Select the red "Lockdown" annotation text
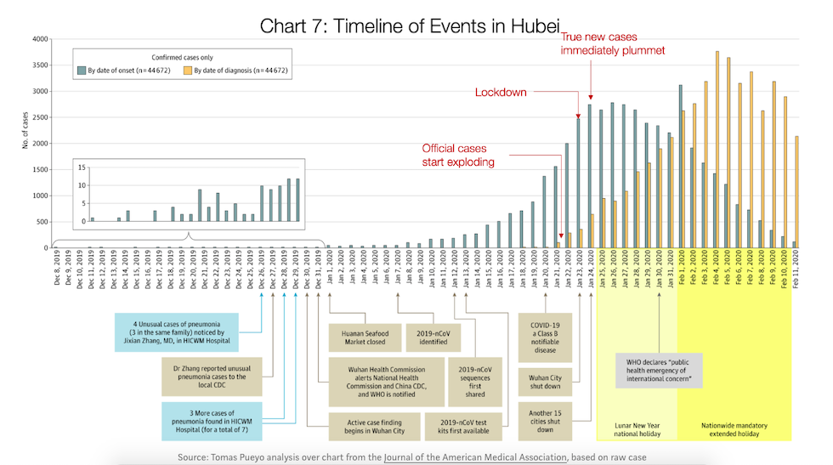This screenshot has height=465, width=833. [501, 92]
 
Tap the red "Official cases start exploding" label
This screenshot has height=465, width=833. [459, 155]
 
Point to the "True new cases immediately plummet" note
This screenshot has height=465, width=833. [599, 44]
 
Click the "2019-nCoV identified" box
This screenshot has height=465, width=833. [433, 338]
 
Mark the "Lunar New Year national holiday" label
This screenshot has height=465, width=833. [637, 428]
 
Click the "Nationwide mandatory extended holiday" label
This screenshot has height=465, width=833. [735, 428]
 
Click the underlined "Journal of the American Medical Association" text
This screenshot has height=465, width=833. [475, 456]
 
